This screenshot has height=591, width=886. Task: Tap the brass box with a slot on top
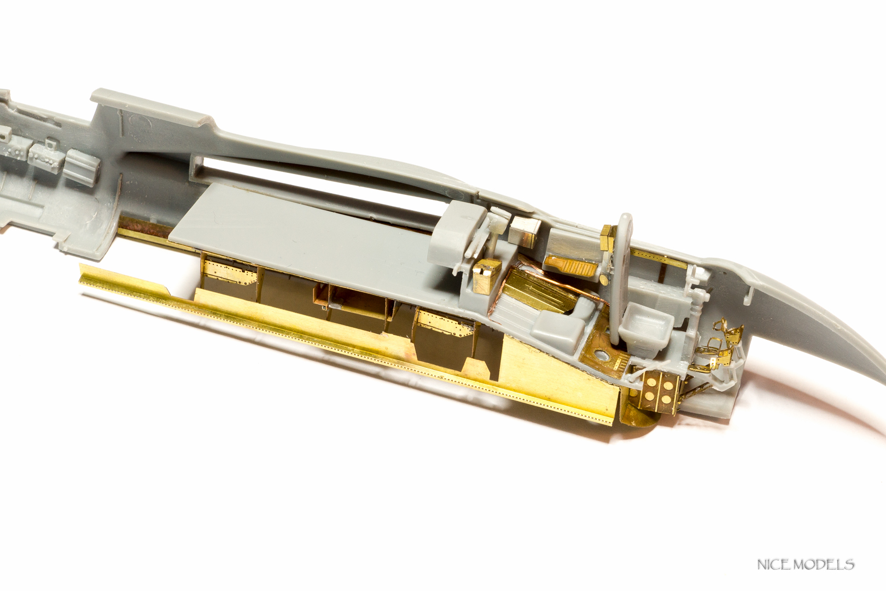[x=485, y=277]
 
